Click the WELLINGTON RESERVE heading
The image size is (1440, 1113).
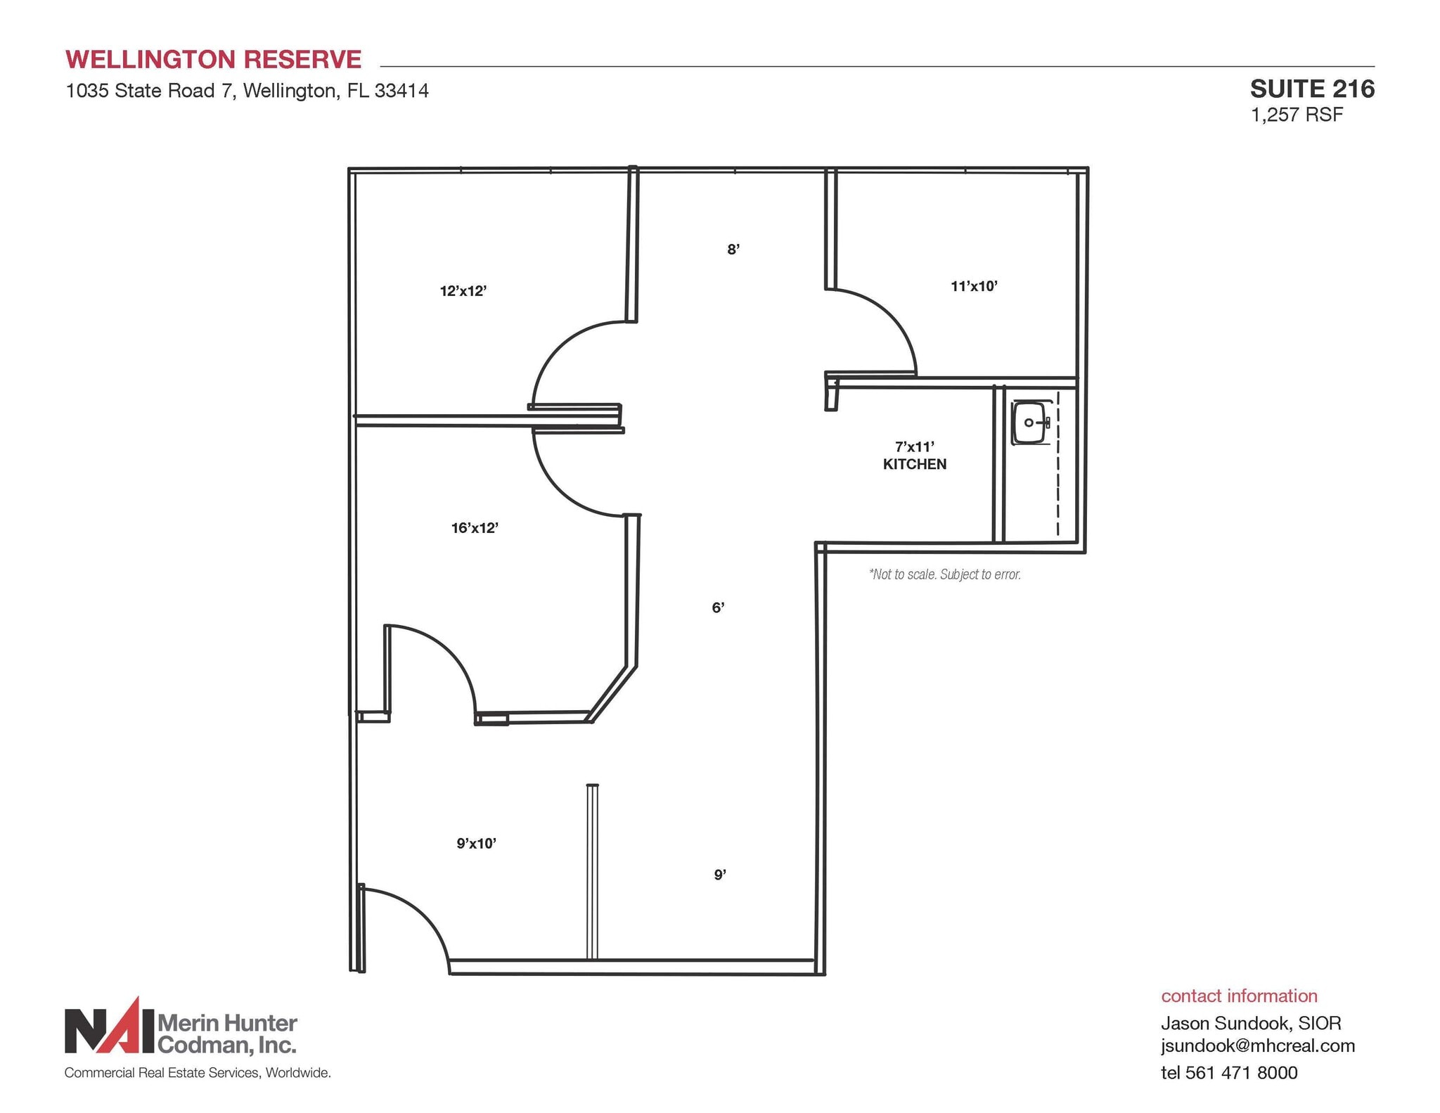[x=213, y=60]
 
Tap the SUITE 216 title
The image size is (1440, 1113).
[x=1311, y=89]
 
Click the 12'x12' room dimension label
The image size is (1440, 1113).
[x=463, y=291]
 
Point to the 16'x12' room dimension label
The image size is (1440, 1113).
[x=475, y=528]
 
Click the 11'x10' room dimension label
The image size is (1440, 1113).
[x=974, y=286]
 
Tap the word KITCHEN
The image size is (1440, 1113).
[x=914, y=464]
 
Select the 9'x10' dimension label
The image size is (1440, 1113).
[x=476, y=843]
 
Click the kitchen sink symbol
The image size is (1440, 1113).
[x=1030, y=423]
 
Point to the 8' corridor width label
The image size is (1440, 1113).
[x=733, y=250]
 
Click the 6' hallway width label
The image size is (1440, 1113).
[x=717, y=608]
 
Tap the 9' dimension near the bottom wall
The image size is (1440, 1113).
[x=719, y=875]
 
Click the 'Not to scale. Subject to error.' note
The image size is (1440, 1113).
[x=944, y=574]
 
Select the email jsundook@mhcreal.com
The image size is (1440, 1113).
[x=1257, y=1046]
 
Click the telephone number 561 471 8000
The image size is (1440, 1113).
[x=1241, y=1072]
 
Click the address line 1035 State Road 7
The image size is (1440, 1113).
[x=247, y=91]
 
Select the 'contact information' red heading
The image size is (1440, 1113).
[x=1239, y=996]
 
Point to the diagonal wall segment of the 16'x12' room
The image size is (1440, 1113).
[x=613, y=694]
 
